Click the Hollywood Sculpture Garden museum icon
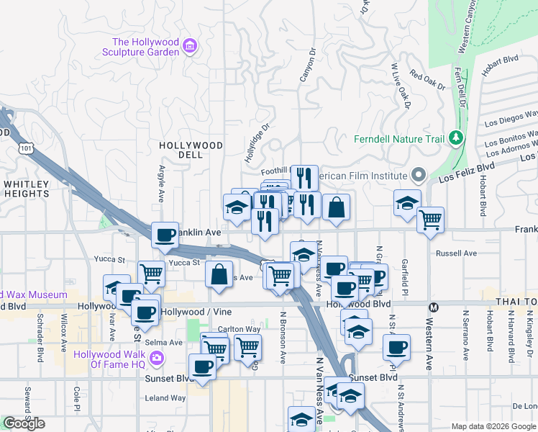pyautogui.click(x=190, y=48)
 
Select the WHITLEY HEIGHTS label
pyautogui.click(x=26, y=189)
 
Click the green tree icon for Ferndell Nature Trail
pyautogui.click(x=455, y=137)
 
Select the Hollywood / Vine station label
pyautogui.click(x=189, y=312)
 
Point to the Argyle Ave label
pyautogui.click(x=161, y=186)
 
